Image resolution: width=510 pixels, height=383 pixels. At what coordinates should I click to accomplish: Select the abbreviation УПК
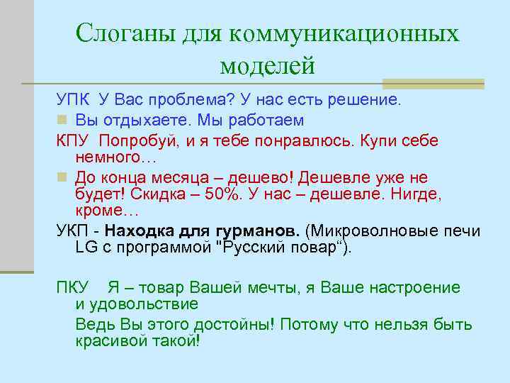73,99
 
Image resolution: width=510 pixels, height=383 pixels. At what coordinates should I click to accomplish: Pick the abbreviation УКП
73,232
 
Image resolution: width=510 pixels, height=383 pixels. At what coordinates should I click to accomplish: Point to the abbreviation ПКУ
73,288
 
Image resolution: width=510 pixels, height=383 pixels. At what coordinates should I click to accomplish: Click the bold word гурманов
259,232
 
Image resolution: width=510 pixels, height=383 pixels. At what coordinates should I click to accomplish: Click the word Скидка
163,194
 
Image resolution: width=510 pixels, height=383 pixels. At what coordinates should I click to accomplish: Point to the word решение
368,99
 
